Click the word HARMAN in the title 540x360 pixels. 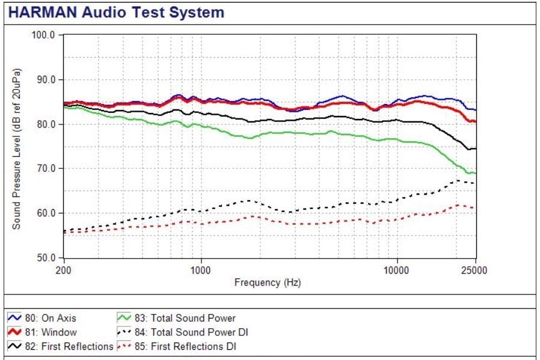(x=42, y=13)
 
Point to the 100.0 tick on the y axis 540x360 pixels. (x=43, y=35)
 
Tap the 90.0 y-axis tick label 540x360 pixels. (x=46, y=79)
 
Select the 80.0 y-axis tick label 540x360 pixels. (x=46, y=124)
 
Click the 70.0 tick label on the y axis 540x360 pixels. (x=46, y=168)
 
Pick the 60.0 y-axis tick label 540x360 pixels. (x=46, y=213)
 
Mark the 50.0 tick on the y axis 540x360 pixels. (x=46, y=257)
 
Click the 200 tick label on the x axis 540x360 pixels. (x=63, y=270)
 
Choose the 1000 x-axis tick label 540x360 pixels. (x=200, y=270)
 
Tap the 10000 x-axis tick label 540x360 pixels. (x=396, y=270)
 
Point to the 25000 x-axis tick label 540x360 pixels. (x=474, y=270)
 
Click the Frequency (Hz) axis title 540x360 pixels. (x=268, y=282)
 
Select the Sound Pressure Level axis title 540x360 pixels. (x=16, y=148)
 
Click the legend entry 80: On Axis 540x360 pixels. (x=41, y=318)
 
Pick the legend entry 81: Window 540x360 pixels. (x=42, y=332)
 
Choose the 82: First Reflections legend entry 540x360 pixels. (x=60, y=346)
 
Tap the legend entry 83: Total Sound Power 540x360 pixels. (x=176, y=318)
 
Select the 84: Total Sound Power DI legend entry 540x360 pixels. (x=183, y=332)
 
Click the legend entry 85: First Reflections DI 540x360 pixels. (x=177, y=346)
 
